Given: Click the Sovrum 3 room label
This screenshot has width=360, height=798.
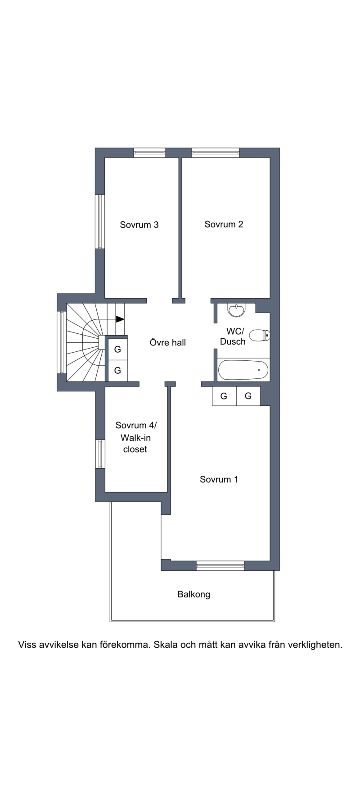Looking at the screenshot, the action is point(139,224).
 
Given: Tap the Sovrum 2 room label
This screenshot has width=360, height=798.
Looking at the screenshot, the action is point(224,224).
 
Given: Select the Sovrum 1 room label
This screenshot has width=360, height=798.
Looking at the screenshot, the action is point(219,479).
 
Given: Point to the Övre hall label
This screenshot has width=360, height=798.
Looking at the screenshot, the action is point(167,342).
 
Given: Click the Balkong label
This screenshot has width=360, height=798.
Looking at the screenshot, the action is point(193,594).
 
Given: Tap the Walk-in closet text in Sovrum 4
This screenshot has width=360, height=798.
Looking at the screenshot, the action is point(135,443).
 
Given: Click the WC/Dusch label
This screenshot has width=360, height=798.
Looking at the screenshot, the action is point(233,336).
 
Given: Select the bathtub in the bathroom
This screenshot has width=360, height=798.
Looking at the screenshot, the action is point(243,370).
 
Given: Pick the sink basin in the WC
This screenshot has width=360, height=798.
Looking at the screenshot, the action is point(236,310).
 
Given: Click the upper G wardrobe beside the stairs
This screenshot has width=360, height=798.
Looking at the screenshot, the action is point(117,349).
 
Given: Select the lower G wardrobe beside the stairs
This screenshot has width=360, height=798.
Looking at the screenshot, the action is point(117,370).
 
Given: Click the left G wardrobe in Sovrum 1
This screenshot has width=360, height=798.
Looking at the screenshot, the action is point(224,396).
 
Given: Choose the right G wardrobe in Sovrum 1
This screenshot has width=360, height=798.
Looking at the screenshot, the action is point(248,396).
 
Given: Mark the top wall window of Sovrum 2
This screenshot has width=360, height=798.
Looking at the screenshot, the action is point(215,152).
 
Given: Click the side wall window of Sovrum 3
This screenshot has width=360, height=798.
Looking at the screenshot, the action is point(100,221).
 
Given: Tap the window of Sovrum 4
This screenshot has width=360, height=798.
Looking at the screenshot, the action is point(100,454).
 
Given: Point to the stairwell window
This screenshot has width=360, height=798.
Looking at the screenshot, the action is point(62,342).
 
